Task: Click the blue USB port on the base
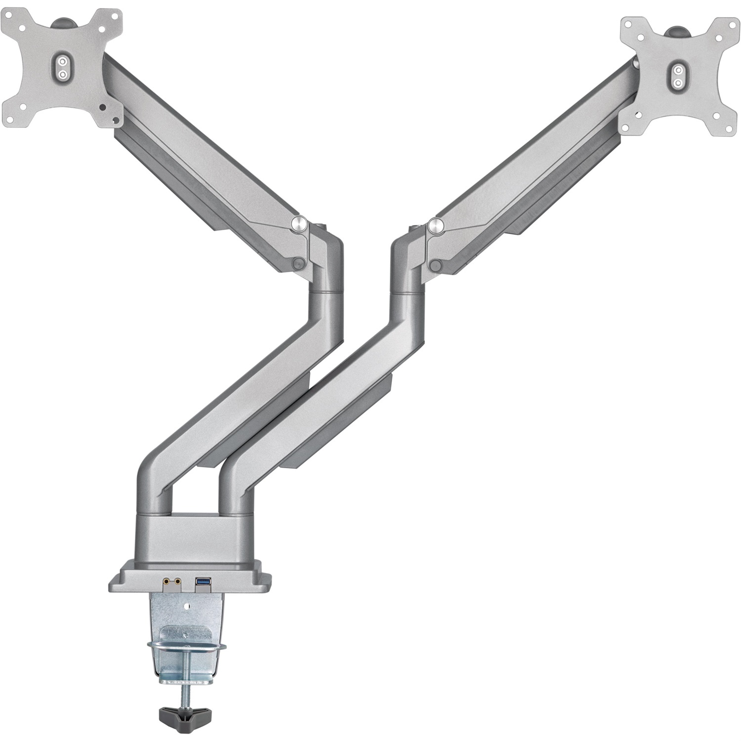202,584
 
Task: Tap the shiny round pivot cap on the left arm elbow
299,223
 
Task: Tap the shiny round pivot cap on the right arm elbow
437,225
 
